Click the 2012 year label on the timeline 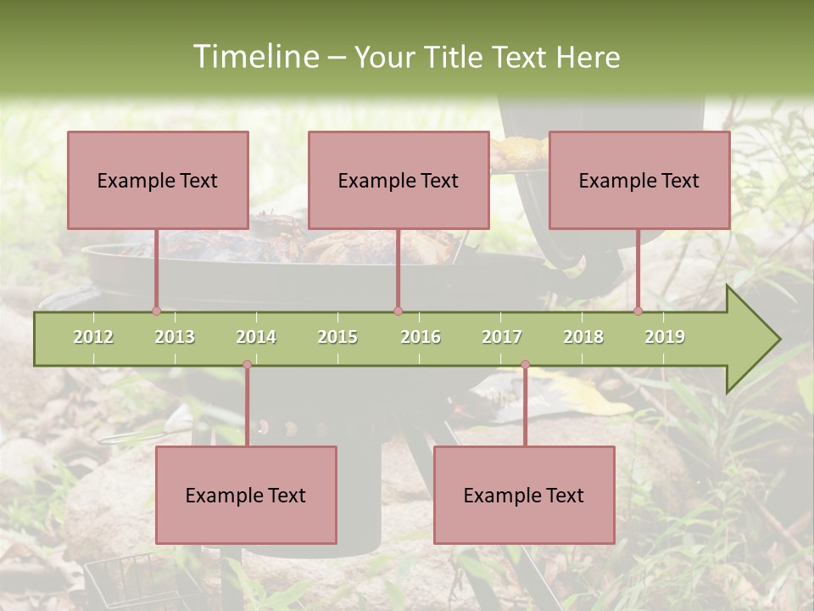(x=93, y=337)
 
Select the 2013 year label (x=175, y=337)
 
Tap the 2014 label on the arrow (x=256, y=337)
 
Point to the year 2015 (x=337, y=337)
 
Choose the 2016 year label (x=421, y=337)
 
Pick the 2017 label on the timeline (x=502, y=337)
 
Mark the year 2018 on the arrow (x=583, y=337)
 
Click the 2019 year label (x=665, y=337)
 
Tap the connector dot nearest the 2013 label (x=156, y=311)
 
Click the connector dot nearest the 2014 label (x=247, y=364)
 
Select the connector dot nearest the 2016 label (x=398, y=311)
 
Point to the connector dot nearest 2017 (x=525, y=364)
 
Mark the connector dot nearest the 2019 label (x=638, y=311)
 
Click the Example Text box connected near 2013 (x=158, y=180)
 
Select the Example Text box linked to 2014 (x=246, y=495)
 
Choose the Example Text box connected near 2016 (x=399, y=180)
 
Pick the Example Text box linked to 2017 (x=524, y=495)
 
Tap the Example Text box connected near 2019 (x=639, y=180)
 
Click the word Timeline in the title (x=254, y=57)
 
